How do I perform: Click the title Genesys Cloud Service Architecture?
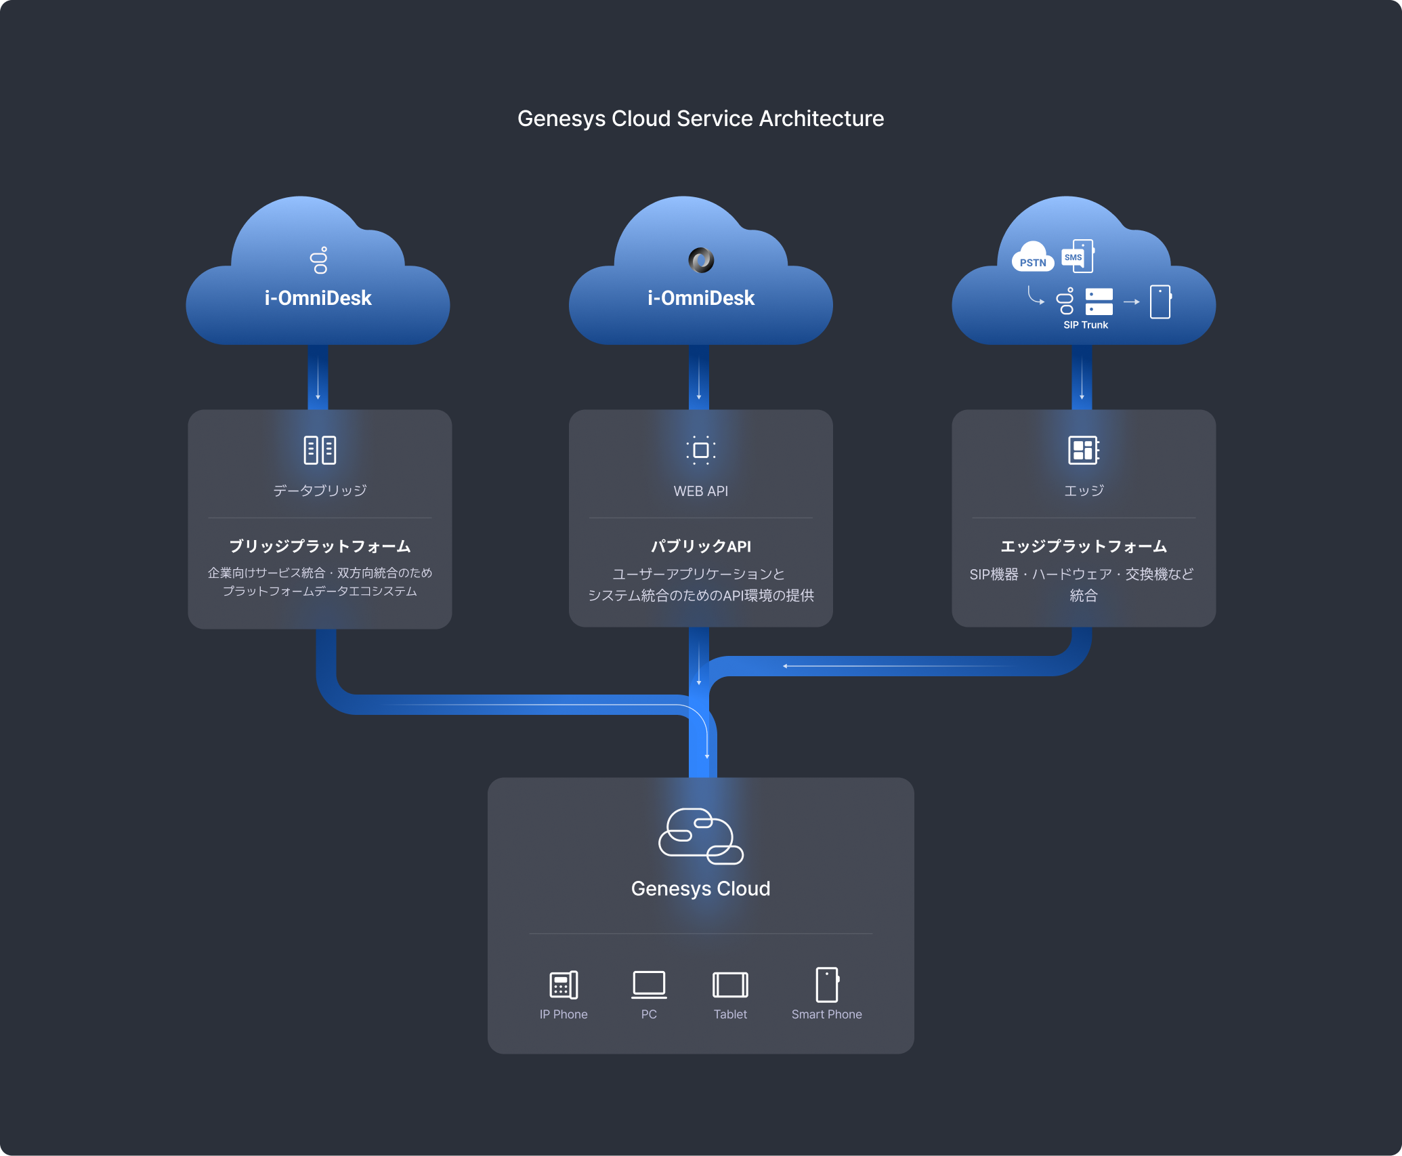[x=700, y=119]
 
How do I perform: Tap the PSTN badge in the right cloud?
[x=1033, y=261]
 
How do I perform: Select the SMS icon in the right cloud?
[x=1077, y=256]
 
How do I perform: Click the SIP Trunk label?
[x=1086, y=325]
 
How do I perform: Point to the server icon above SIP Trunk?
[x=1099, y=302]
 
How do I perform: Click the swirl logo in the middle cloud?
[x=701, y=260]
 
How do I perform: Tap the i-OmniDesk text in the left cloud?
[x=318, y=298]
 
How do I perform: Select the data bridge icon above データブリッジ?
[x=320, y=450]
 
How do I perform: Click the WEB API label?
[x=701, y=491]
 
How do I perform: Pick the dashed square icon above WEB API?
[x=701, y=450]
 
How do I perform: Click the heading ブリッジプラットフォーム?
[x=320, y=546]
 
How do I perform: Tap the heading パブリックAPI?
[x=701, y=546]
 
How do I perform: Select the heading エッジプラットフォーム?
[x=1084, y=546]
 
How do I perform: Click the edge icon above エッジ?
[x=1084, y=450]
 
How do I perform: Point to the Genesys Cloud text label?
[x=701, y=888]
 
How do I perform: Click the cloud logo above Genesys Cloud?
[x=701, y=836]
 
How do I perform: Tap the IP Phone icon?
[x=564, y=985]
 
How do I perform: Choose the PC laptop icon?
[x=649, y=985]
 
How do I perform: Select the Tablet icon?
[x=730, y=985]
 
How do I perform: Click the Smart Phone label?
[x=826, y=1014]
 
